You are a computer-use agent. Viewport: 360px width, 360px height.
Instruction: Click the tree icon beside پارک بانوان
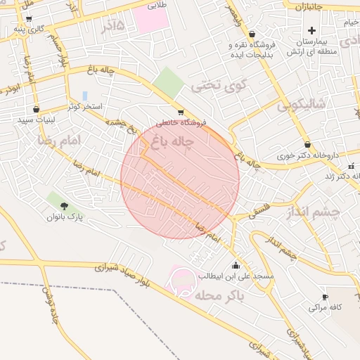65,206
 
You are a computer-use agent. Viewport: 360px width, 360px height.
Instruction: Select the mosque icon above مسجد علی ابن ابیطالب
235,266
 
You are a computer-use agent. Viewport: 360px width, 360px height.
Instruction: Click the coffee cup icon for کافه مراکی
325,297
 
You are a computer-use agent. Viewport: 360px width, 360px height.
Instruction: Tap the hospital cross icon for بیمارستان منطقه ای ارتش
311,30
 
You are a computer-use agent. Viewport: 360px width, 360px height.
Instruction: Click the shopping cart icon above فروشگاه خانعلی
181,112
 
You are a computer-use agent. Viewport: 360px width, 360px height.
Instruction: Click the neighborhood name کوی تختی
220,86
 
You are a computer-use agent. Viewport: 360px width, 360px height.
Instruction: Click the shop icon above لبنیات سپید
36,110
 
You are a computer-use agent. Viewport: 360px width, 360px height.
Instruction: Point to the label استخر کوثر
85,106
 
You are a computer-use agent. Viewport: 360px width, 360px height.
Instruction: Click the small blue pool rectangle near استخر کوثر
85,95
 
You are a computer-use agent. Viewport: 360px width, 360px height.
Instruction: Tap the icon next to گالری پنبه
28,19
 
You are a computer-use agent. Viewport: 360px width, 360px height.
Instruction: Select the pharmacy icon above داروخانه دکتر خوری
307,144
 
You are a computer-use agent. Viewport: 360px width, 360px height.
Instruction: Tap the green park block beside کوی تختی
168,82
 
